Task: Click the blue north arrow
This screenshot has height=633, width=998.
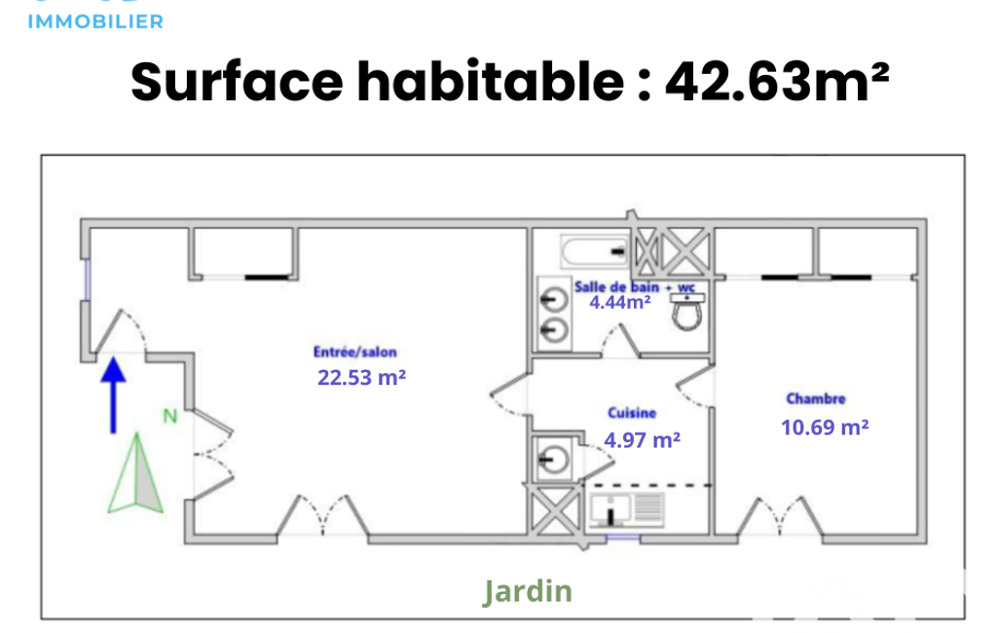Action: tap(113, 394)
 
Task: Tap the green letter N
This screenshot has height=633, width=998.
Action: tap(170, 417)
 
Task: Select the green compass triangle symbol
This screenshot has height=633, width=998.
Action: tap(135, 474)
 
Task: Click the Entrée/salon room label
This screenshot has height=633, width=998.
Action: tap(354, 353)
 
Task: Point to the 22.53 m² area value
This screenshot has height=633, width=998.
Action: tap(361, 378)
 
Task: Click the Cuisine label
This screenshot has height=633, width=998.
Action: tap(631, 413)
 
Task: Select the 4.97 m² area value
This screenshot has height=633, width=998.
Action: tap(642, 440)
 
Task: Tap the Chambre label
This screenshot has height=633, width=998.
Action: tap(816, 399)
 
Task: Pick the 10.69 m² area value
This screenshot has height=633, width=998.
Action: tap(825, 428)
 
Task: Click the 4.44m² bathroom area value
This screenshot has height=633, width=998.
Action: tap(620, 303)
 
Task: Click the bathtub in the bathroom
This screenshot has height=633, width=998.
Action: tap(595, 252)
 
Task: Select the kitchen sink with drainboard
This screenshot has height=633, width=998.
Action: tap(627, 508)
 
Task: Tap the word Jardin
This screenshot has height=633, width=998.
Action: tap(528, 591)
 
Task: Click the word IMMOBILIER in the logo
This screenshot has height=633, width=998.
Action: tap(95, 21)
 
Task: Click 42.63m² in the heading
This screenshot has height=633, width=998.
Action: tap(777, 82)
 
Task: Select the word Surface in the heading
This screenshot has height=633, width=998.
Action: tap(237, 82)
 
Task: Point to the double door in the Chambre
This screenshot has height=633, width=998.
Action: tap(780, 517)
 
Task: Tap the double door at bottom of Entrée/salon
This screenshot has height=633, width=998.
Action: tap(323, 516)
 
